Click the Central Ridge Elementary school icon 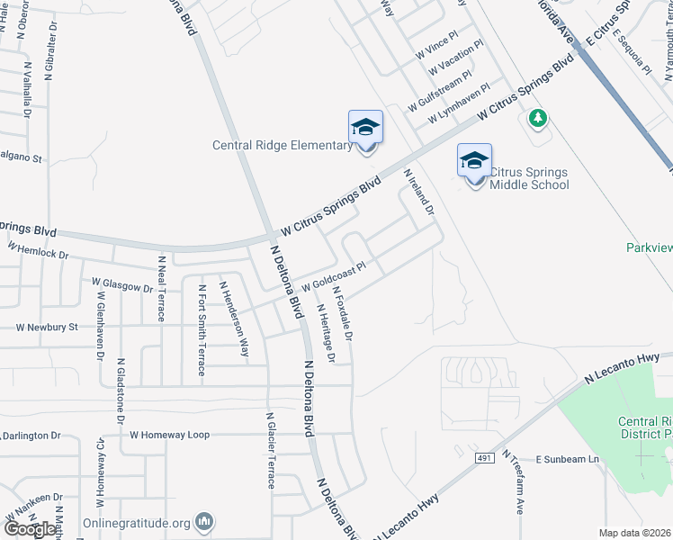tap(365, 128)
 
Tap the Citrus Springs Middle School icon tap(474, 161)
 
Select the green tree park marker tap(537, 118)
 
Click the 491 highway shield tap(484, 459)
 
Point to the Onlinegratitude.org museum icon tap(205, 521)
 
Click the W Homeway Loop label tap(169, 435)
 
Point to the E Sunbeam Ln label tap(568, 459)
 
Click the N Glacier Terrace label tap(268, 450)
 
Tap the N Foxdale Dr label tap(343, 313)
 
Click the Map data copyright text tap(634, 533)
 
